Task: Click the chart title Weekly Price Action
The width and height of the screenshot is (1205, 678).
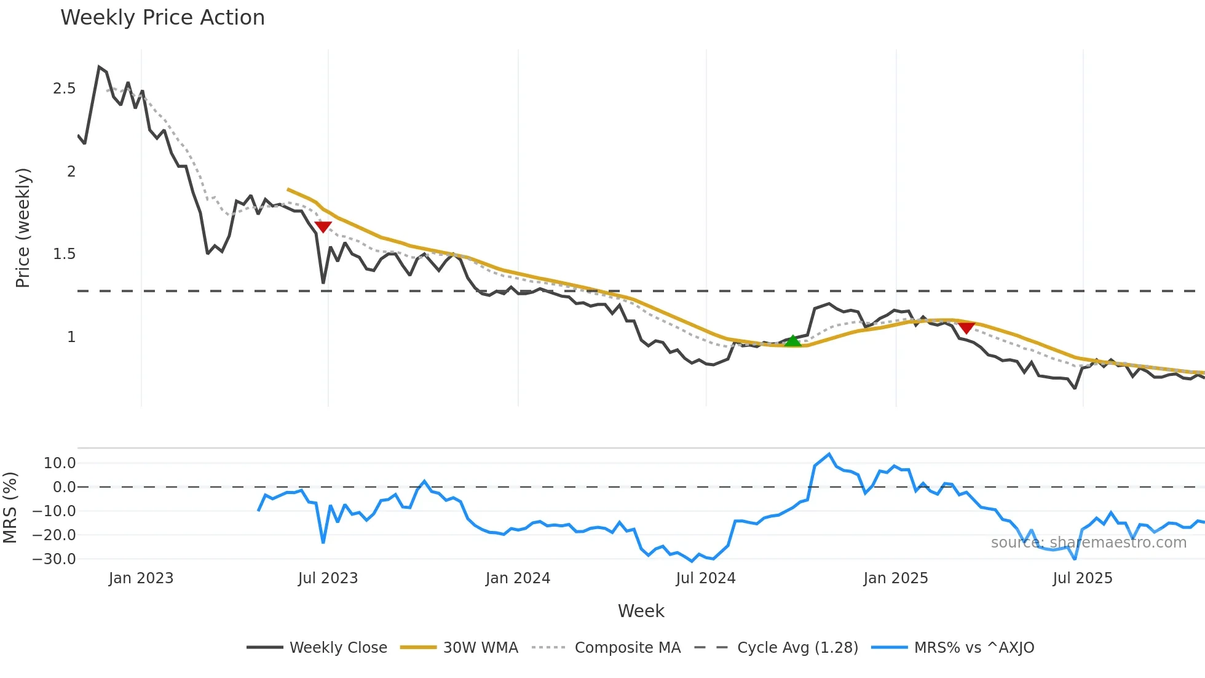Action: (162, 18)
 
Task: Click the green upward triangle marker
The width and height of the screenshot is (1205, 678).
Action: (793, 341)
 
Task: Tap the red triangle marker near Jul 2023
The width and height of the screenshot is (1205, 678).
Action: (323, 227)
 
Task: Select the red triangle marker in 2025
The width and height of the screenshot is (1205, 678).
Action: (966, 329)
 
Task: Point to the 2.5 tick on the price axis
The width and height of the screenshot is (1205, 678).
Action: (65, 89)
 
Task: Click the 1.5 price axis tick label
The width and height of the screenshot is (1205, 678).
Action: (65, 254)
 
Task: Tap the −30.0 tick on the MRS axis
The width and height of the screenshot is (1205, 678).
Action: (54, 559)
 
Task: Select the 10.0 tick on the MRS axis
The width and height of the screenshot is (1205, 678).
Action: (60, 463)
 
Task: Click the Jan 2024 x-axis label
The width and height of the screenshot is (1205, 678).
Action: (518, 578)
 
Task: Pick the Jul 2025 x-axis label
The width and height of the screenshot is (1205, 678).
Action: (1083, 578)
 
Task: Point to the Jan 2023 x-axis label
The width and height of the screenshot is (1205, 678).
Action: (141, 578)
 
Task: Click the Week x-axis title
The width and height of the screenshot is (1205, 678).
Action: (641, 611)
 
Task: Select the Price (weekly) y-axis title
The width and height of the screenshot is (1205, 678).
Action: (23, 228)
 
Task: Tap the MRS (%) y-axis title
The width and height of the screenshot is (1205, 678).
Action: (10, 508)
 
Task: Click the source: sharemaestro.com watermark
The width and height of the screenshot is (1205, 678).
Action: (1088, 543)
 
